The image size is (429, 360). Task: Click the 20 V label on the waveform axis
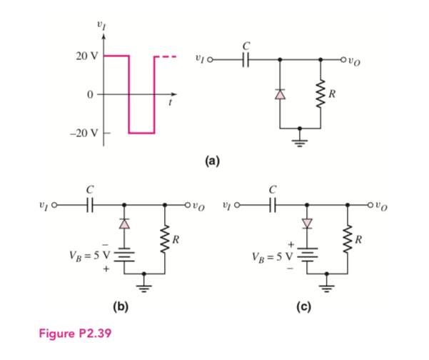87,56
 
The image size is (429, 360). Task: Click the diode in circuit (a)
279,93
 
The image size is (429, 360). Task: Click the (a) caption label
213,161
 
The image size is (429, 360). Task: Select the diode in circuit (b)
125,224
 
